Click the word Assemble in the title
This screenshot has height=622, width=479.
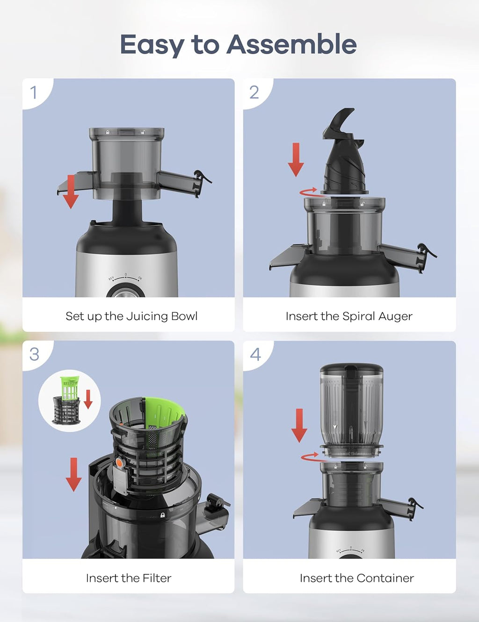pos(291,45)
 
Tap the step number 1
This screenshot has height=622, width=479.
pos(34,93)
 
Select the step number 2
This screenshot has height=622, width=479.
pos(254,93)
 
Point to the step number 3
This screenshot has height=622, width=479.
pos(34,354)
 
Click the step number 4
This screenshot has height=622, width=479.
pos(255,354)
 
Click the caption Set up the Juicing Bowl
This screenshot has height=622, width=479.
pos(131,316)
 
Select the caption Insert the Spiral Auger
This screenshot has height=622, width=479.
pos(349,316)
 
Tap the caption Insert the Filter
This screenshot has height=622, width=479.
pos(129,578)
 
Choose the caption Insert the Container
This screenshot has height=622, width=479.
pos(356,578)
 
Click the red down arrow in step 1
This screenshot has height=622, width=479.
pos(71,192)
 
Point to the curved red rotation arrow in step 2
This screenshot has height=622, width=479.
pos(310,192)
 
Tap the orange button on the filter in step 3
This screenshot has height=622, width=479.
pos(120,462)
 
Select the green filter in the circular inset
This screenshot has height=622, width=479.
pos(70,388)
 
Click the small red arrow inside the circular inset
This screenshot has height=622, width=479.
pos(88,398)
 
